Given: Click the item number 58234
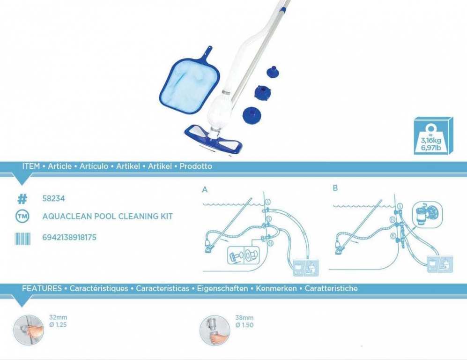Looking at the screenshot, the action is [53, 198].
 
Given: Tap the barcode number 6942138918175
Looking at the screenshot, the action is [69, 237].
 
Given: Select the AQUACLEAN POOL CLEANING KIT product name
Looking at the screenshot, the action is [108, 217].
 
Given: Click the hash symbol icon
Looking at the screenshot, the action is [22, 199].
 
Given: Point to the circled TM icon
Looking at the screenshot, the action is [22, 217].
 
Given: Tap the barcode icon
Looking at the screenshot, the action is [22, 239].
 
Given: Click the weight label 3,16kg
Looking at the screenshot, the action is [430, 140].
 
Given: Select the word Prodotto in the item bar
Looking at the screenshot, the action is [196, 166].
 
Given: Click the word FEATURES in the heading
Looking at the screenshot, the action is [42, 288].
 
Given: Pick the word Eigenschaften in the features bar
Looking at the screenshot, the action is [222, 288].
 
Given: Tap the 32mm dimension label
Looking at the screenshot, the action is [58, 317].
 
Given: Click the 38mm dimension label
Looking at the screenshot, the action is [244, 318].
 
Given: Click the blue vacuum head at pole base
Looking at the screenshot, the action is [214, 138].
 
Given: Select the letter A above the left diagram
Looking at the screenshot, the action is [205, 189].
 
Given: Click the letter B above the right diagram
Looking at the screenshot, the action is [335, 188].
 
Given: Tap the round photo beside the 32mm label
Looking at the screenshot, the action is [29, 330].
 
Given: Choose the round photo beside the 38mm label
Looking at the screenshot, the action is [215, 330].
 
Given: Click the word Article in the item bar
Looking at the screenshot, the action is [59, 166].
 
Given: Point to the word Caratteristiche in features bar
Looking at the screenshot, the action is [331, 288].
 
